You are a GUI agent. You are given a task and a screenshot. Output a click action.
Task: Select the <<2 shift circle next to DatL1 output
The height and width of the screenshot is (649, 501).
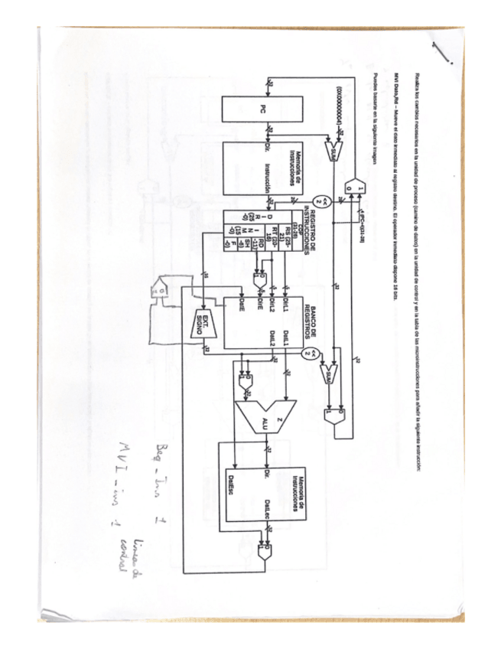click(307, 353)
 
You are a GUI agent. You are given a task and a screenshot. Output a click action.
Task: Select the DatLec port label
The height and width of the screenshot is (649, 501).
click(269, 506)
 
